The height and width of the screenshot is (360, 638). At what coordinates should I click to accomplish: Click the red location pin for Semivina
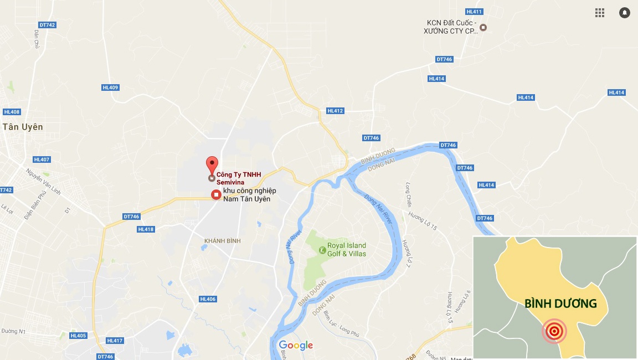[212, 164]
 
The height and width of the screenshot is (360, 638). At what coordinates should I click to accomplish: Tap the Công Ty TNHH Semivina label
[238, 178]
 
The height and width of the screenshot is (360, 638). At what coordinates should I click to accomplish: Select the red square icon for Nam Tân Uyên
[216, 194]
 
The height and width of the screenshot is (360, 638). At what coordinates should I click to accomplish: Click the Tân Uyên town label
[23, 127]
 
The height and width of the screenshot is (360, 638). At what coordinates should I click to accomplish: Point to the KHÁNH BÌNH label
[222, 240]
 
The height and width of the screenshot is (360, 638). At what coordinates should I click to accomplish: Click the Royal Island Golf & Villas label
[347, 250]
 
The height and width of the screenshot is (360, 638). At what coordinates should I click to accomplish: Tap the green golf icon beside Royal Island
[322, 250]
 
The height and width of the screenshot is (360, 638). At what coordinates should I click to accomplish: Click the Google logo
[296, 346]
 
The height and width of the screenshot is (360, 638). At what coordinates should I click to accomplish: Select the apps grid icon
[600, 13]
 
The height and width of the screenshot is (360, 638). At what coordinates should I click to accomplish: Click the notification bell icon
[625, 13]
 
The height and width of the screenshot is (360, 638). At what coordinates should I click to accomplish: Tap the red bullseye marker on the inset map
[553, 331]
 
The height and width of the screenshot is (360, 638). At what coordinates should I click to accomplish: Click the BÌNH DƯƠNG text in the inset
[560, 304]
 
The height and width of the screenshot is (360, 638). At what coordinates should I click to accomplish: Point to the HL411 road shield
[475, 12]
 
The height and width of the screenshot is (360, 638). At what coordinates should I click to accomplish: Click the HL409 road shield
[110, 88]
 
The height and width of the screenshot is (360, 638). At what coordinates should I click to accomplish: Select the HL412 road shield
[335, 111]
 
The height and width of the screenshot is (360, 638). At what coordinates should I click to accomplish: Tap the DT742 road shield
[48, 25]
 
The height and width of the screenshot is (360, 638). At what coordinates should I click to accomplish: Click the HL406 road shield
[208, 299]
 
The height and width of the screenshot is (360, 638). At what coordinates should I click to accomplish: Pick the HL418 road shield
[146, 229]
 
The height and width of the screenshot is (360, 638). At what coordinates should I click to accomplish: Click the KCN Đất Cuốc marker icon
[483, 27]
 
